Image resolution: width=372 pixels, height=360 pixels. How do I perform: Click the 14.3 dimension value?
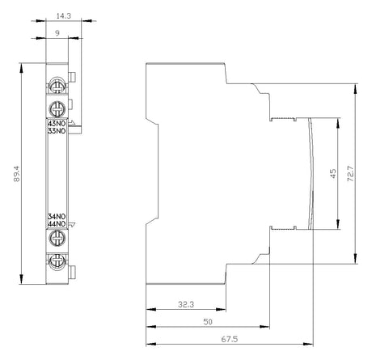click(64, 16)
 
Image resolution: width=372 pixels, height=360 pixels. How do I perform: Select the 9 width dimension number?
click(57, 33)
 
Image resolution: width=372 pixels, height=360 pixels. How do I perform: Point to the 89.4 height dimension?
click(17, 174)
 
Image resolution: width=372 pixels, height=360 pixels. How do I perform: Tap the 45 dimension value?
click(333, 173)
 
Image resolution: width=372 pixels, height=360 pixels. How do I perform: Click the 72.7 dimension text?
click(350, 173)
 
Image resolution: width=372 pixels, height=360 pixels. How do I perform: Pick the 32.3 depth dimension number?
click(186, 304)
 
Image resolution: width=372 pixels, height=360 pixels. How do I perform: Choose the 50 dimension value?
click(208, 322)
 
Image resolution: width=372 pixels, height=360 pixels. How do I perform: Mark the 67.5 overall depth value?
click(230, 339)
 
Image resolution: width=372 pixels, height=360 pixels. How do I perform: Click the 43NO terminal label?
click(57, 124)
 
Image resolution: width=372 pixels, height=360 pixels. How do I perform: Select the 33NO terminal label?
click(57, 131)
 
